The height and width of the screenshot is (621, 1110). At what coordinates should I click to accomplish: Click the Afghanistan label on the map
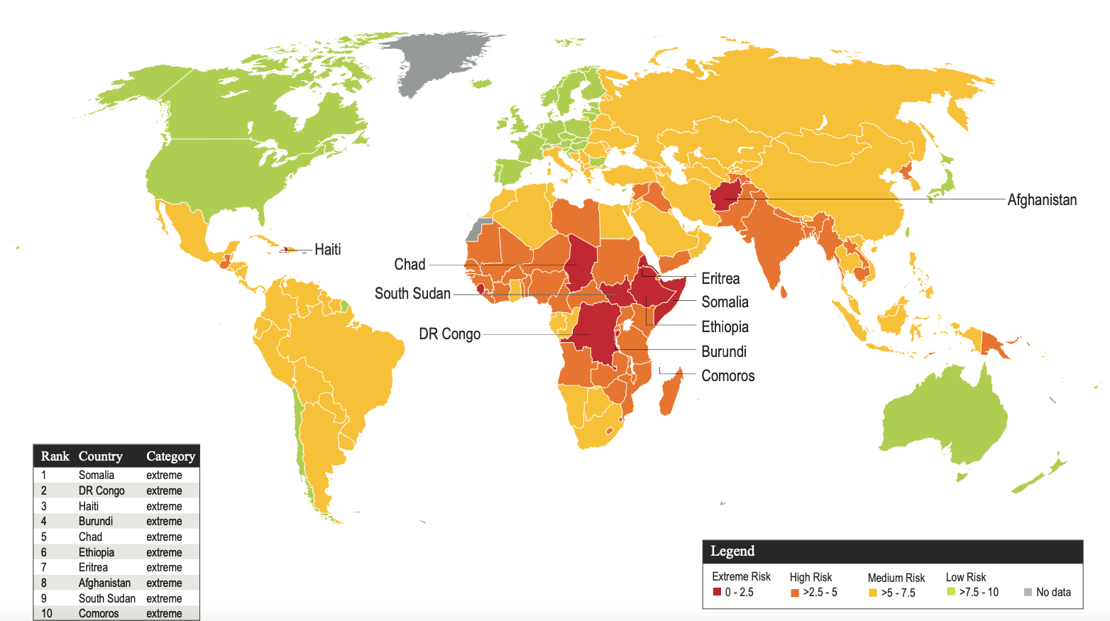(1041, 200)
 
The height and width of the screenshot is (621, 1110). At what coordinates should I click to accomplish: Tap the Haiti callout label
(327, 250)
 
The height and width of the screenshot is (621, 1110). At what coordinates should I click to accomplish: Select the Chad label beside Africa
(410, 265)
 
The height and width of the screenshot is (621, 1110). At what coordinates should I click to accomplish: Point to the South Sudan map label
(412, 294)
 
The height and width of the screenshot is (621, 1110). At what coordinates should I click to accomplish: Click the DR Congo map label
(449, 334)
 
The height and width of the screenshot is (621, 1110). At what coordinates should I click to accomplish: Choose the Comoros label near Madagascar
(727, 376)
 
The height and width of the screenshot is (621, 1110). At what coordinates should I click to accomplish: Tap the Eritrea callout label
(720, 279)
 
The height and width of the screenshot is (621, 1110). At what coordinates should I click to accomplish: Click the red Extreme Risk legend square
(717, 592)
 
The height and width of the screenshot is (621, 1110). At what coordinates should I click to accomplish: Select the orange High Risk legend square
(795, 593)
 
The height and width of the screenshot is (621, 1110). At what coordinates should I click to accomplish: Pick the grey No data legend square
(1028, 592)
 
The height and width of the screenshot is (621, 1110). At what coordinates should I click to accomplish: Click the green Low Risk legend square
(951, 592)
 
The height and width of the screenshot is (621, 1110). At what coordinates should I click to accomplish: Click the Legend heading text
(732, 551)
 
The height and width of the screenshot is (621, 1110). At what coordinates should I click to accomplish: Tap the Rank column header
(55, 456)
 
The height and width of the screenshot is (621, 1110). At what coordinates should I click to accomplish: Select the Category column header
(170, 456)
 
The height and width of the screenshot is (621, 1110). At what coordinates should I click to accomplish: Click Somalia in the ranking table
(97, 476)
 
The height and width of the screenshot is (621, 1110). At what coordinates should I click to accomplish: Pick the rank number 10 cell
(46, 613)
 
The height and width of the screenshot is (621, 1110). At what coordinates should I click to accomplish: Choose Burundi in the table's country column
(96, 522)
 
